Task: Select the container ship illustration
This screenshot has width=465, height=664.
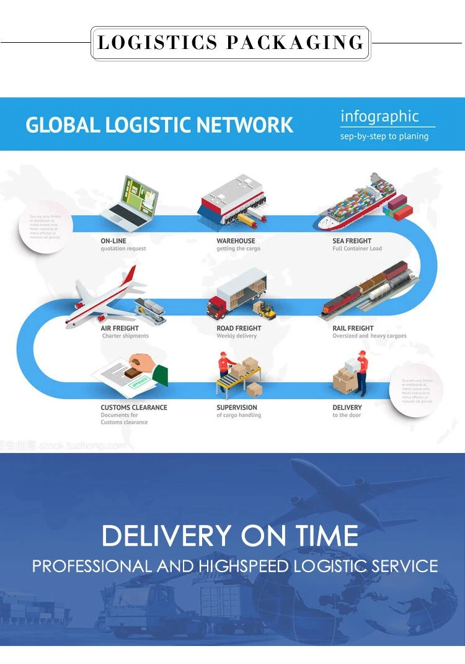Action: click(356, 202)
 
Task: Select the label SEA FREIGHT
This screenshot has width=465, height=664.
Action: click(352, 241)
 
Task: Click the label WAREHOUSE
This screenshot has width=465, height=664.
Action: click(236, 241)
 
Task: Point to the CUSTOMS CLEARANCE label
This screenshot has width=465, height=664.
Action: click(134, 408)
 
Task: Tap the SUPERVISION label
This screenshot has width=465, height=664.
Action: click(237, 408)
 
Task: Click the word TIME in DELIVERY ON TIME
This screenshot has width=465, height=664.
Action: click(327, 536)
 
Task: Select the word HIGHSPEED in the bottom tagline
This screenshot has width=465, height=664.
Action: click(244, 566)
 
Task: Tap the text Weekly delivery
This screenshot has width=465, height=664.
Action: click(236, 336)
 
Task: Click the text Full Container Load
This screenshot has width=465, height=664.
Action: click(357, 249)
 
